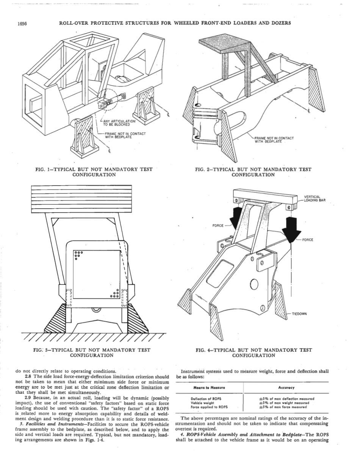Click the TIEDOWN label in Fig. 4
click(299, 314)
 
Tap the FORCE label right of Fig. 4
click(307, 240)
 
